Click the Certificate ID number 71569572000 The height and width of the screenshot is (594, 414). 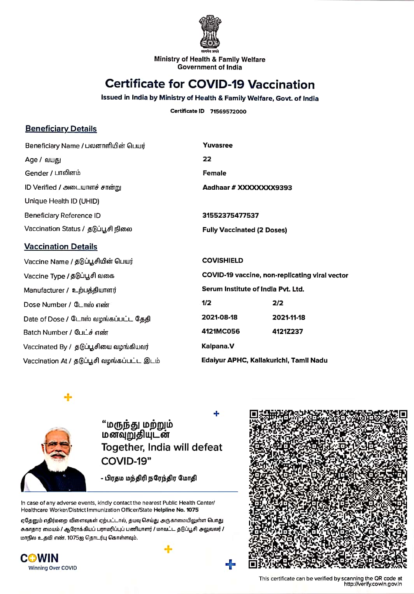228,112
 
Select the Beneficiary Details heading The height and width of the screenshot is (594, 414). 61,129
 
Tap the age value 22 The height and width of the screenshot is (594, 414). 207,159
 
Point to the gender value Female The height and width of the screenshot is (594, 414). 214,173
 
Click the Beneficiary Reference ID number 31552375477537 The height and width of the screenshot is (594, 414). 230,215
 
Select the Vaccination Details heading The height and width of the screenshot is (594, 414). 61,246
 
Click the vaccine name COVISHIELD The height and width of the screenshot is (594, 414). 223,260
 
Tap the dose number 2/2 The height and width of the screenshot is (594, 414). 278,303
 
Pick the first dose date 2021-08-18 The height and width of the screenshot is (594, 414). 219,317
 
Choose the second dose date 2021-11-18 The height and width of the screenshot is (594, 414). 289,317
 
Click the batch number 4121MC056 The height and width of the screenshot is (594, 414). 221,331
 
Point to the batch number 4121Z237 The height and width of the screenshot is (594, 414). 288,331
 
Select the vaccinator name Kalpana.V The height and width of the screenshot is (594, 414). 218,346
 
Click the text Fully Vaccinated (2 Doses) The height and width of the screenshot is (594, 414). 244,230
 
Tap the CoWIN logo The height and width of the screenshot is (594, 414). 40,559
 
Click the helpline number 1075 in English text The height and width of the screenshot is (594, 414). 192,510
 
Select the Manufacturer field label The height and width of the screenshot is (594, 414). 44,290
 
